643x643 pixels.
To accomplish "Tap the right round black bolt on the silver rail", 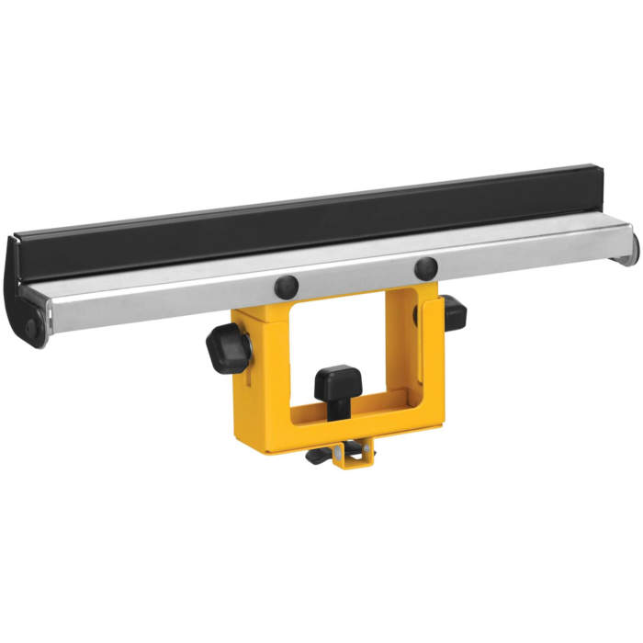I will (425, 268).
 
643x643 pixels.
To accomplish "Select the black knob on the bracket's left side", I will (226, 349).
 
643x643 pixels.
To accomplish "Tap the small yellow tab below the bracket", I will (351, 457).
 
